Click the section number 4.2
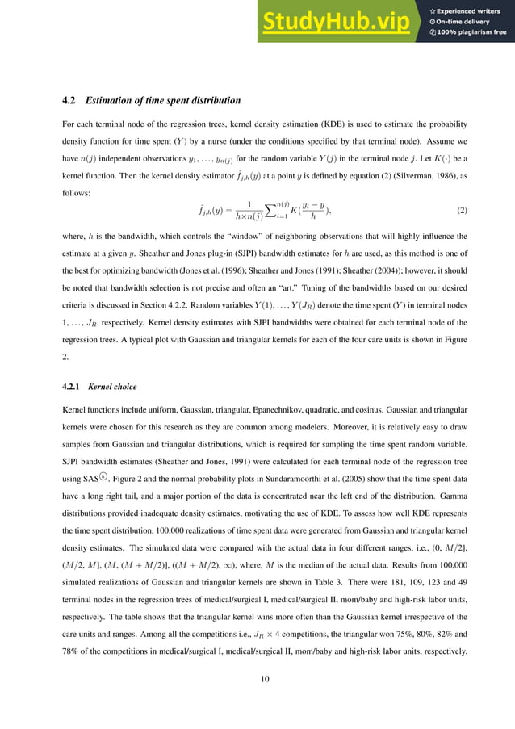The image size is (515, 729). pos(69,101)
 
